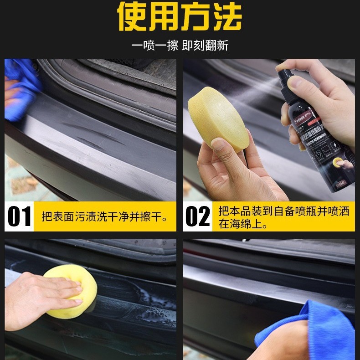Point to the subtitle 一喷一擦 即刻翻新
180,46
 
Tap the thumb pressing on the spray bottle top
303,84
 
